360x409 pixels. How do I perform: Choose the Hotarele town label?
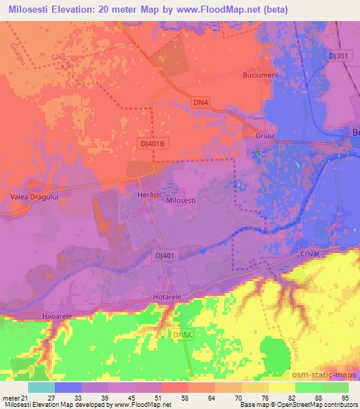167,297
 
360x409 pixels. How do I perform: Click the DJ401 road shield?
163,256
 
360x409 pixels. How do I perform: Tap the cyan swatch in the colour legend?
41,387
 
